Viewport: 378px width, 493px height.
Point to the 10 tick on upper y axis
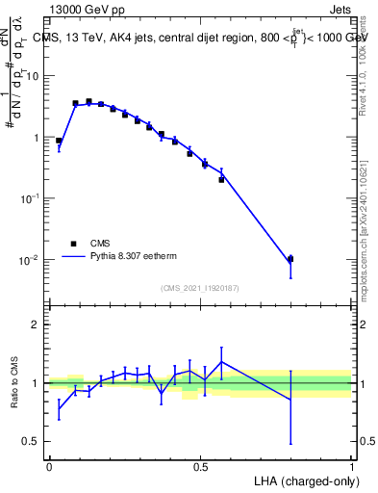34,76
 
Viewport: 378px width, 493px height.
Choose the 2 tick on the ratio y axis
37,324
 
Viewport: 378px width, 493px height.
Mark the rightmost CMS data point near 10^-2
290,259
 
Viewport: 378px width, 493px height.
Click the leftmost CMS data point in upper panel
59,141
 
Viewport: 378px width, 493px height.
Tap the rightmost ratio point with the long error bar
290,399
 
